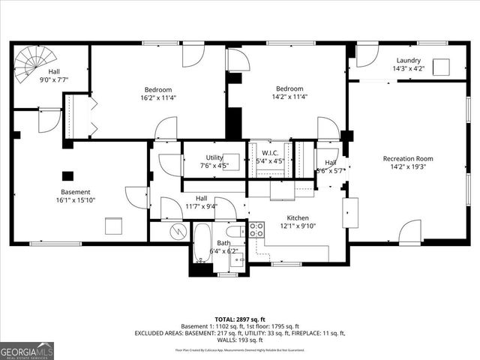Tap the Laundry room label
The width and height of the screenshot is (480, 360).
[x=408, y=61]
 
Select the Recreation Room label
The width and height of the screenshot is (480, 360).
[x=408, y=158]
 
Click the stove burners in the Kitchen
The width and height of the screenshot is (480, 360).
[x=256, y=229]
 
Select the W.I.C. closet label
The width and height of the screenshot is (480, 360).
[x=270, y=152]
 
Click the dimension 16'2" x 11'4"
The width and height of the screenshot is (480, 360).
[x=157, y=97]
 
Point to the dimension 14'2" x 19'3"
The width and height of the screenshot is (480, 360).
[x=408, y=168]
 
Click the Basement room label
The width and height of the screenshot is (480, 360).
[x=54, y=192]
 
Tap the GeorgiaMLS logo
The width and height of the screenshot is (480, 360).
[x=27, y=350]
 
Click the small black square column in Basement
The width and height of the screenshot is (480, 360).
[x=67, y=175]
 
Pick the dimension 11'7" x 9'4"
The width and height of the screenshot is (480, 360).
[x=202, y=206]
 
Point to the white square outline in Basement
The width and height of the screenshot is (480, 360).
[x=113, y=226]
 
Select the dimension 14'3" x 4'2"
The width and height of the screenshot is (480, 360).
[x=408, y=69]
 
